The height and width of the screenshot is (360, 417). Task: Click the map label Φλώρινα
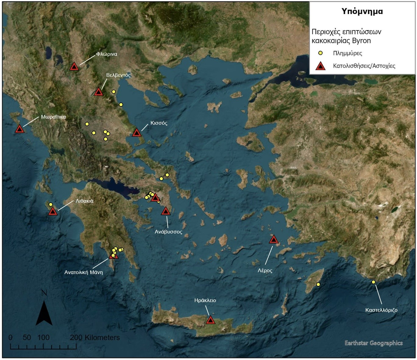tap(106, 54)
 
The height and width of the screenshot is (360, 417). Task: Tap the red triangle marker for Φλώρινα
tap(74, 66)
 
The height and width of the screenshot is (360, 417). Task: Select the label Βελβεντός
tap(118, 75)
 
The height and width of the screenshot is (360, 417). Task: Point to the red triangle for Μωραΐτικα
tap(20, 129)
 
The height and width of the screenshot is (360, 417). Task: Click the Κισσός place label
tap(159, 123)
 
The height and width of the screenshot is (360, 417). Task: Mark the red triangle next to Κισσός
tap(137, 133)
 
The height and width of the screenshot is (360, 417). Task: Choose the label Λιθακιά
tap(84, 201)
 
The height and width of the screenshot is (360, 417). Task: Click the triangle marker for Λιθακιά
tap(53, 211)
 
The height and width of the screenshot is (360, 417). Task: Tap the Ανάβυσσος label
tap(168, 232)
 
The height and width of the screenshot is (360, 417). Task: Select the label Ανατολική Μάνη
tap(84, 273)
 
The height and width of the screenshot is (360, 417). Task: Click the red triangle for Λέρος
tap(274, 240)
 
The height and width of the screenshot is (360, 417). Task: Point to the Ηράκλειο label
tap(205, 301)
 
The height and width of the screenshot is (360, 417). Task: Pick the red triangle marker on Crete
tap(210, 320)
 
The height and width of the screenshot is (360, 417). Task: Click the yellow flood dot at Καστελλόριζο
tap(373, 282)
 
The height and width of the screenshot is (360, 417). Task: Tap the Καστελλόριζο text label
tap(381, 310)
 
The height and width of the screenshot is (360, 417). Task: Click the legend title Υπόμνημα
tap(362, 12)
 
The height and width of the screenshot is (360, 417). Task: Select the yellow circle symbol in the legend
tap(320, 53)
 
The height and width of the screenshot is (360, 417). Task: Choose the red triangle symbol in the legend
tap(320, 66)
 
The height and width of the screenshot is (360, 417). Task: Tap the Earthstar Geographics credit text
tap(373, 343)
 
